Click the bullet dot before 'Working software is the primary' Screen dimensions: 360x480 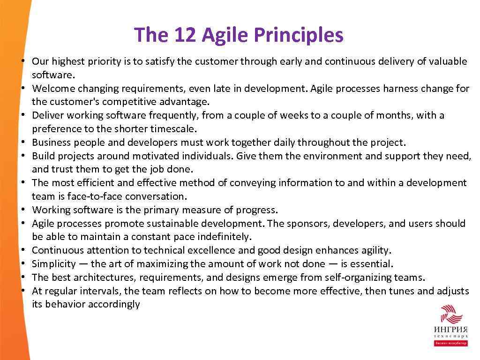coord(22,210)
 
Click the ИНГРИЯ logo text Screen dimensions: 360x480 coord(450,330)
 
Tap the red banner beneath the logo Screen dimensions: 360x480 coord(450,343)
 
